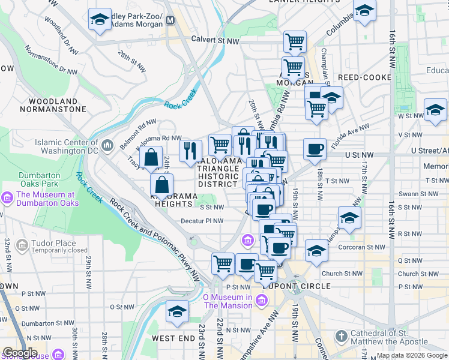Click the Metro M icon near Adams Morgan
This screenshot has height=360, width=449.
pos(170,20)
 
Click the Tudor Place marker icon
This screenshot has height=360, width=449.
pos(22,245)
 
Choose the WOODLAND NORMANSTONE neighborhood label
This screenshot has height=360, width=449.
pos(53,106)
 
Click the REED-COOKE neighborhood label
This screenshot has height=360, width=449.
pos(364,77)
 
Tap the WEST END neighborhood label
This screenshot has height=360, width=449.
pos(173,338)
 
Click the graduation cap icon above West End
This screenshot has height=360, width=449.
pos(177,311)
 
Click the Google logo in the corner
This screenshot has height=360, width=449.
pos(19,353)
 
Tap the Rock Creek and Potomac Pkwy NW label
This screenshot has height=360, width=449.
pos(155,240)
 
